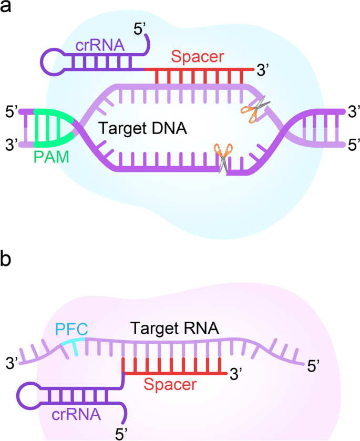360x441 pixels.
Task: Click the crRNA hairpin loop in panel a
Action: click(53, 61)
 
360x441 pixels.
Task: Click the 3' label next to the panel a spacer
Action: click(262, 69)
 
